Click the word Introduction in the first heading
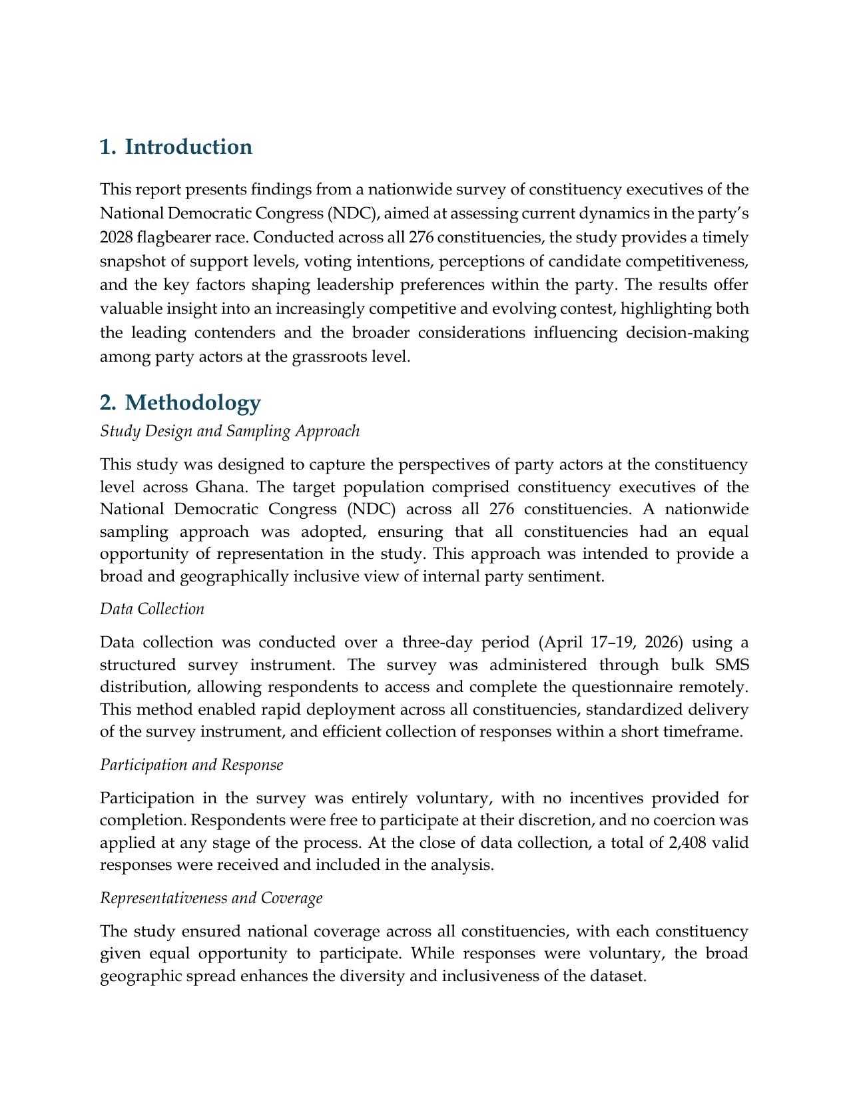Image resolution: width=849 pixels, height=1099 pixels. click(x=188, y=147)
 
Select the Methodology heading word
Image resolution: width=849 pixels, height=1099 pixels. click(x=192, y=402)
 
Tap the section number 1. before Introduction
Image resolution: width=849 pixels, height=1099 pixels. click(x=108, y=147)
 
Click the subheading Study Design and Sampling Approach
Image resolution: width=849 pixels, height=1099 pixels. click(x=230, y=431)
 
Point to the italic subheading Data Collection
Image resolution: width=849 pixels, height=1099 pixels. click(x=152, y=609)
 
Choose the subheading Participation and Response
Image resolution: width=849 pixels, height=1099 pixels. click(x=191, y=765)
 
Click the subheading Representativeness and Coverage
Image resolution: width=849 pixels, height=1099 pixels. click(x=211, y=898)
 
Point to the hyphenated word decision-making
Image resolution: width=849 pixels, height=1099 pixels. click(x=687, y=332)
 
